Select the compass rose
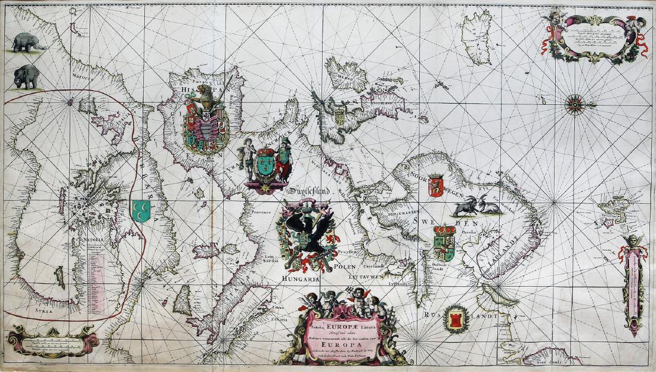coord(576,105)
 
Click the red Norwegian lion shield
coord(436,185)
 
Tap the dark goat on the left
coord(465,206)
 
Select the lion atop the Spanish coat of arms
coord(204,94)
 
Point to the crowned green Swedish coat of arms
coord(444,243)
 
